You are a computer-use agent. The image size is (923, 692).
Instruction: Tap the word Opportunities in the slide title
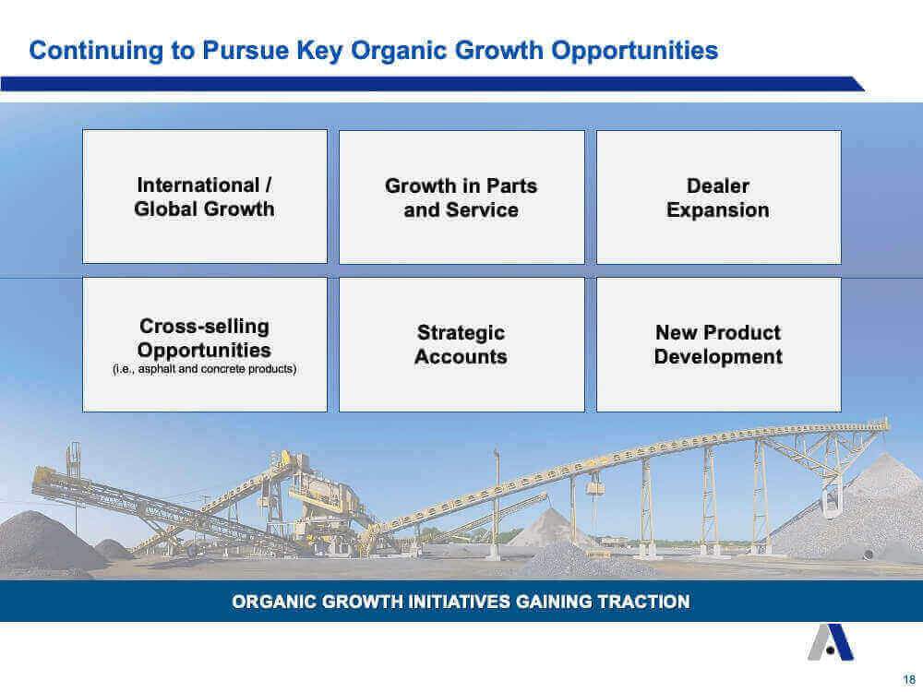(635, 51)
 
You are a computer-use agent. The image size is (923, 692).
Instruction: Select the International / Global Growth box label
(204, 197)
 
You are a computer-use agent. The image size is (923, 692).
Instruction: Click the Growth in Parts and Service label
(461, 197)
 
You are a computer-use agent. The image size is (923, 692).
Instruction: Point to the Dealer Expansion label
(717, 197)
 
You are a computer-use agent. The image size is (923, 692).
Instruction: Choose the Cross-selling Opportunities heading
(204, 338)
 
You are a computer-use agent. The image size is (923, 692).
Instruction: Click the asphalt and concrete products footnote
(204, 369)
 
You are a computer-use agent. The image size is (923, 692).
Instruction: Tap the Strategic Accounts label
(461, 344)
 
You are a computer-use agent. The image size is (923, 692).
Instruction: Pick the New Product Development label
(718, 344)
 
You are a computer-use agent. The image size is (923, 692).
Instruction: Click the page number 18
(909, 680)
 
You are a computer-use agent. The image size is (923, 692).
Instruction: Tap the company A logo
(831, 642)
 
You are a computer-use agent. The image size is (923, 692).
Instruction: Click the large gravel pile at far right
(859, 518)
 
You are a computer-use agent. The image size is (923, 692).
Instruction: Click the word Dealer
(718, 186)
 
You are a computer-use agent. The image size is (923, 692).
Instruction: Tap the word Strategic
(461, 333)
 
